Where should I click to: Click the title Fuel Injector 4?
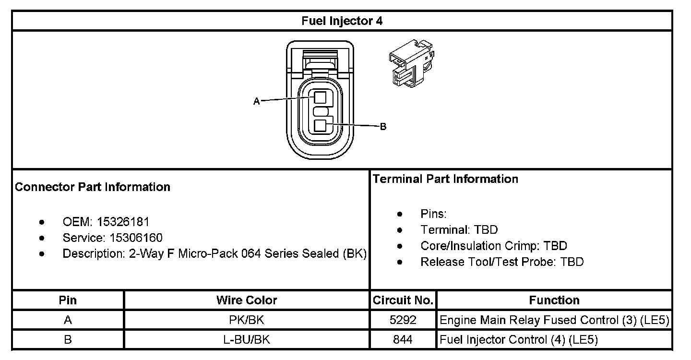tap(342, 21)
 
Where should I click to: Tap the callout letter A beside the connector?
tap(256, 101)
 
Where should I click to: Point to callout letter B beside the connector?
tap(383, 127)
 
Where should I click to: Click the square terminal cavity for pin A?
tap(321, 97)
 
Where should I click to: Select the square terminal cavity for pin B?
tap(321, 126)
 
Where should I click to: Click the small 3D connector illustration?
tap(413, 63)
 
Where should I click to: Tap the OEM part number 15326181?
tap(123, 222)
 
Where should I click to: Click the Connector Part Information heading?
tap(93, 187)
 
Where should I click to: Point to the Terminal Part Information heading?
tap(445, 179)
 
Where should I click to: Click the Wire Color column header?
tap(247, 300)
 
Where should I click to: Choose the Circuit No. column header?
tap(403, 300)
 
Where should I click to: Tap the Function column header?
tap(554, 300)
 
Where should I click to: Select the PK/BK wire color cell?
tap(247, 320)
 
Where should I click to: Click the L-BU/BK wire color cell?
tap(247, 340)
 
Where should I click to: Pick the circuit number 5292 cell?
tap(403, 320)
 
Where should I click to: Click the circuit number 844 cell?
tap(403, 340)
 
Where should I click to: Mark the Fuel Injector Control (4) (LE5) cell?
tap(519, 340)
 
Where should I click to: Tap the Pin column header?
tap(68, 300)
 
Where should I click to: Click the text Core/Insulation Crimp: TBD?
tap(493, 246)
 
